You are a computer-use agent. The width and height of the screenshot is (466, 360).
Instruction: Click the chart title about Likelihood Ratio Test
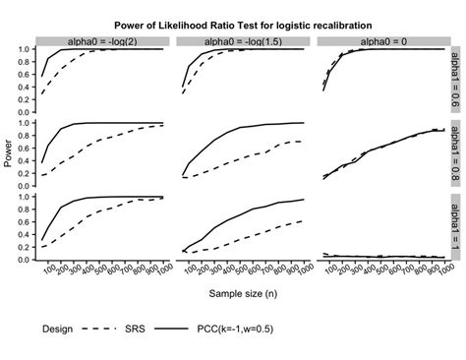pyautogui.click(x=242, y=24)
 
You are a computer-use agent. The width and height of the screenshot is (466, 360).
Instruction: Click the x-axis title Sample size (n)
pyautogui.click(x=240, y=292)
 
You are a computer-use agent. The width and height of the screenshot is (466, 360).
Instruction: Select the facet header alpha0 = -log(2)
pyautogui.click(x=103, y=41)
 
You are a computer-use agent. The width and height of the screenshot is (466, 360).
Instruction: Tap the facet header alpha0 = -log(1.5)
pyautogui.click(x=242, y=41)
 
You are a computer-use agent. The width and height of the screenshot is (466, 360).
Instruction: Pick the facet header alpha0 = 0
pyautogui.click(x=379, y=41)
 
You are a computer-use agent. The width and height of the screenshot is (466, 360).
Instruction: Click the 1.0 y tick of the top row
pyautogui.click(x=25, y=49)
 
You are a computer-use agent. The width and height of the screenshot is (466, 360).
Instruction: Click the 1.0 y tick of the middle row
pyautogui.click(x=25, y=122)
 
